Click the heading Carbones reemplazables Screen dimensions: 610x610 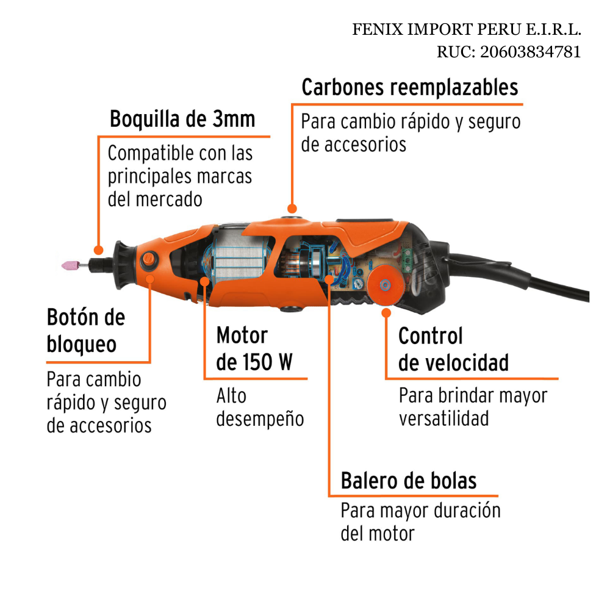click(x=410, y=87)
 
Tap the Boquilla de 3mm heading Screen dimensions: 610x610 click(x=182, y=119)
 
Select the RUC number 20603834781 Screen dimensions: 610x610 click(x=531, y=52)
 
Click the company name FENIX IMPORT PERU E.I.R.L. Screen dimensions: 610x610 click(x=467, y=29)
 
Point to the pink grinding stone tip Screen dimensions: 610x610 click(x=70, y=265)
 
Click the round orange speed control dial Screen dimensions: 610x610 click(x=385, y=285)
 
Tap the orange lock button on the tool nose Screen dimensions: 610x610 click(x=148, y=259)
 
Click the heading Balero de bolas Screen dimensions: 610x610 click(x=409, y=481)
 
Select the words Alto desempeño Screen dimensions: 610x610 click(x=260, y=407)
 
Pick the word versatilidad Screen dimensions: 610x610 click(x=444, y=418)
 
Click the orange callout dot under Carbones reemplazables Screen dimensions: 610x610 click(x=292, y=209)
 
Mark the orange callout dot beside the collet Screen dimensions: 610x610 click(x=98, y=249)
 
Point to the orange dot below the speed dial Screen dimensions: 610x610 click(x=386, y=313)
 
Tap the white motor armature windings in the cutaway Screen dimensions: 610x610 click(x=241, y=259)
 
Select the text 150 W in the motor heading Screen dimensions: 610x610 click(x=267, y=362)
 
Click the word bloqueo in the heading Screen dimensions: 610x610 click(x=82, y=345)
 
